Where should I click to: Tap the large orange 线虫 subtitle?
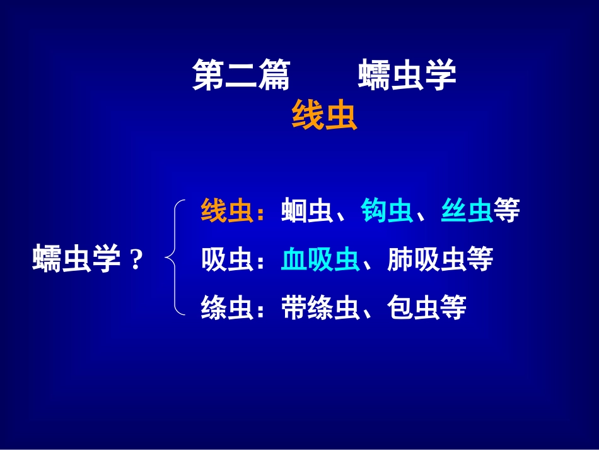(324, 116)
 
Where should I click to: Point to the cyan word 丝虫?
(467, 211)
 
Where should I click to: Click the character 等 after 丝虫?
(507, 211)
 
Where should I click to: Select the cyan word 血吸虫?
(320, 259)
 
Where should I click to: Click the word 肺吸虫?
(427, 259)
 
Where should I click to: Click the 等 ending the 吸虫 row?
(480, 259)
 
